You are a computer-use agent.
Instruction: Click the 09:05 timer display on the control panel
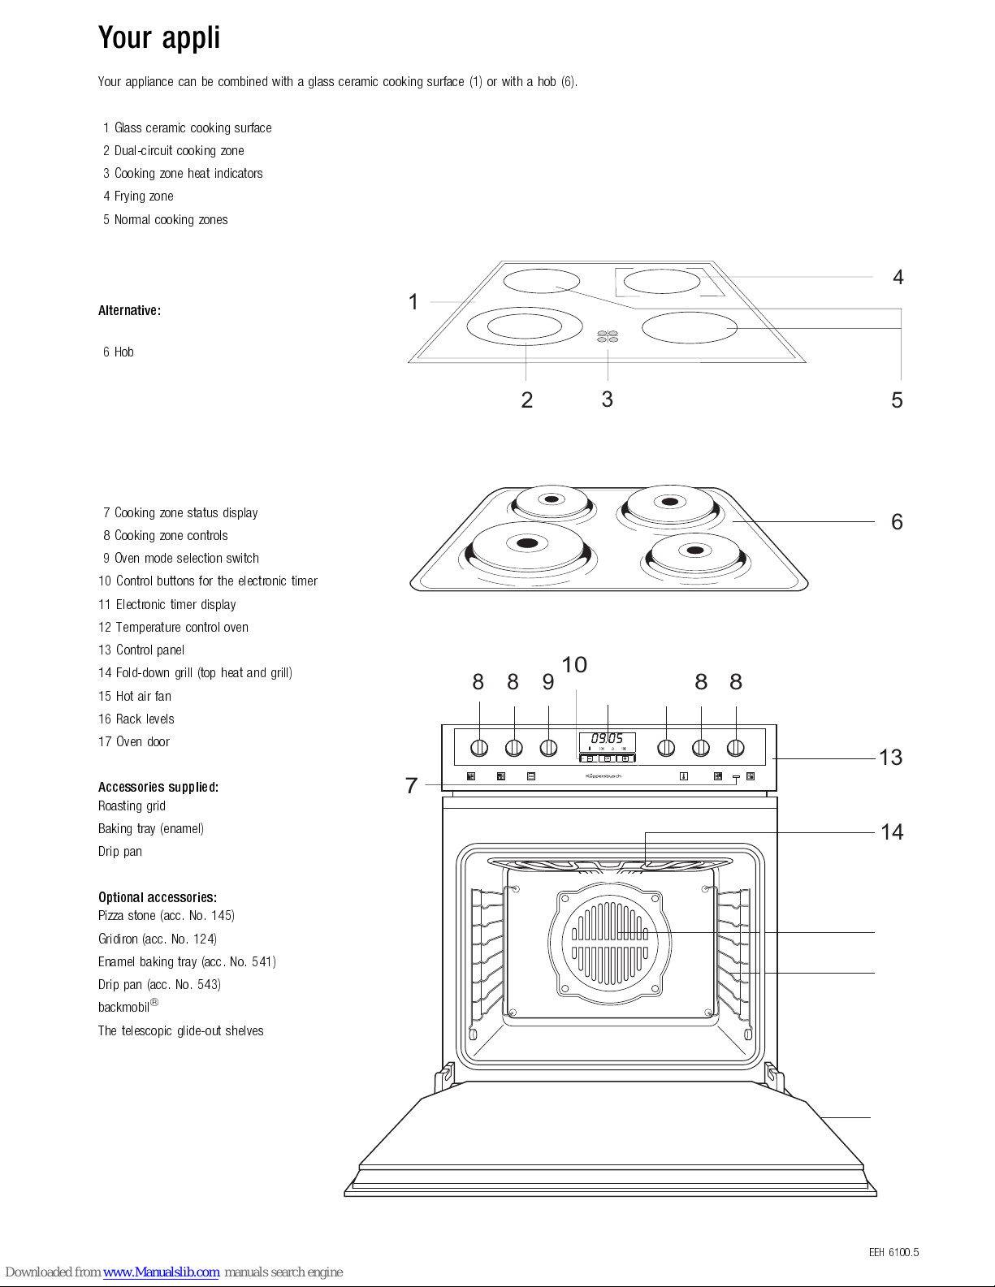coord(607,738)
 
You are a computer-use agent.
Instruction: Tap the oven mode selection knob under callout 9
coord(549,747)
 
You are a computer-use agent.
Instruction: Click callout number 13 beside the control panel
coord(890,758)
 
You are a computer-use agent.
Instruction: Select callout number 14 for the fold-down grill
coord(892,832)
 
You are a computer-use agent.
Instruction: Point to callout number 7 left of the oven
coord(412,786)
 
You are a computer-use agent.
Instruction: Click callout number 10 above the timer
coord(574,665)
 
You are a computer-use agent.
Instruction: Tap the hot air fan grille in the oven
coord(610,941)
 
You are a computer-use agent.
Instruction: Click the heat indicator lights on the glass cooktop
coord(608,336)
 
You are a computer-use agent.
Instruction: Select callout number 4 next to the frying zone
coord(898,278)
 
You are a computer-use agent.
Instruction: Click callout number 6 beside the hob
coord(897,522)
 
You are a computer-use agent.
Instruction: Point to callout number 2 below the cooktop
coord(526,400)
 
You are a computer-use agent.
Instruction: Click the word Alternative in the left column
coord(129,311)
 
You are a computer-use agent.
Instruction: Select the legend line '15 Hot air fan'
coord(135,697)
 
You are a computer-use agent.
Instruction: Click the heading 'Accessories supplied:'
coord(158,787)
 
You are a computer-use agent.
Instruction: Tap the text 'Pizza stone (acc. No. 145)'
coord(166,916)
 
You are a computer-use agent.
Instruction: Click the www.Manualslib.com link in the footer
coord(161,1272)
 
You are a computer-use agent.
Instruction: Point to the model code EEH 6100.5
coord(893,1253)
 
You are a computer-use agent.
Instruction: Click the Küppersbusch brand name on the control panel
coord(603,776)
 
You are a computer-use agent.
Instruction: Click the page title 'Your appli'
coord(159,38)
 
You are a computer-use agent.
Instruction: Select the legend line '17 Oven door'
coord(134,742)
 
